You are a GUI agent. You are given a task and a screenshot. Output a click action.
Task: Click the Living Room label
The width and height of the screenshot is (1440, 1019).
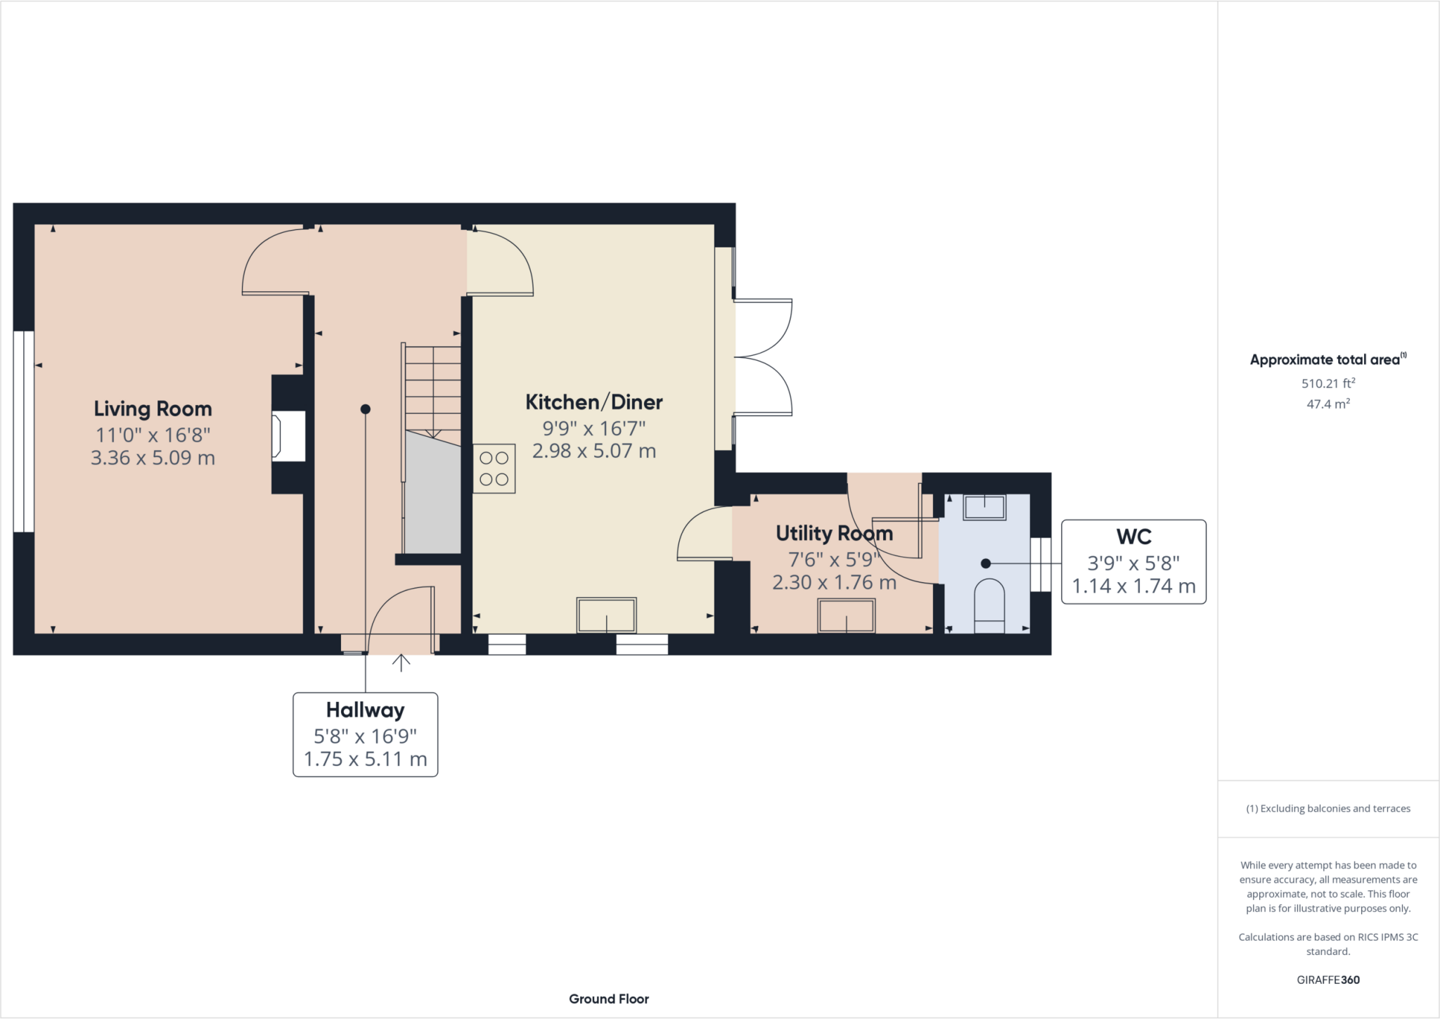pyautogui.click(x=153, y=409)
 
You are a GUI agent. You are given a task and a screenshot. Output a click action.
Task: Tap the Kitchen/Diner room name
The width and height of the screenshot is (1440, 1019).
pyautogui.click(x=594, y=402)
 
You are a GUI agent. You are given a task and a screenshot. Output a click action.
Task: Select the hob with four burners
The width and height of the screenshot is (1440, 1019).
pyautogui.click(x=494, y=468)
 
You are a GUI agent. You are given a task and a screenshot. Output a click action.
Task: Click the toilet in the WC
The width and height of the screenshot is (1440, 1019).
pyautogui.click(x=989, y=605)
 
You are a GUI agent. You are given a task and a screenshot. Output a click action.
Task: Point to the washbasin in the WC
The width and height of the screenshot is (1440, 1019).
pyautogui.click(x=984, y=507)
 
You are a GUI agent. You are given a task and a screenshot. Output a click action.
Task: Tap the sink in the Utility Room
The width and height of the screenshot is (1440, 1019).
pyautogui.click(x=847, y=616)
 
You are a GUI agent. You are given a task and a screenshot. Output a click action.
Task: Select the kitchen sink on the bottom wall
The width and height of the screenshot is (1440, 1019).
pyautogui.click(x=606, y=615)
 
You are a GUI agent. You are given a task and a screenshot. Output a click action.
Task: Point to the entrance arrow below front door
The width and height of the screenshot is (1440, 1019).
pyautogui.click(x=401, y=662)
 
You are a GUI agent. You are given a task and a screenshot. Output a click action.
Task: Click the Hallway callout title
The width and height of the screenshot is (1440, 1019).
pyautogui.click(x=365, y=710)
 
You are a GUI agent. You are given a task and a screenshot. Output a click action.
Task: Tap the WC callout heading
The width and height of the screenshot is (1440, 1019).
pyautogui.click(x=1133, y=537)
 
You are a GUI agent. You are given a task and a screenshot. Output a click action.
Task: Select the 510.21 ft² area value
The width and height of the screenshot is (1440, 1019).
pyautogui.click(x=1327, y=383)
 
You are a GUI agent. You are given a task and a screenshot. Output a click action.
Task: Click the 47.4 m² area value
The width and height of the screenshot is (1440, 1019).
pyautogui.click(x=1327, y=404)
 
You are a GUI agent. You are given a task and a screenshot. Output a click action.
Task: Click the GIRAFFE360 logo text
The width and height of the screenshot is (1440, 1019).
pyautogui.click(x=1327, y=980)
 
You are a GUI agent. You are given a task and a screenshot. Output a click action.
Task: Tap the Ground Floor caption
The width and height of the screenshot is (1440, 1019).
pyautogui.click(x=608, y=999)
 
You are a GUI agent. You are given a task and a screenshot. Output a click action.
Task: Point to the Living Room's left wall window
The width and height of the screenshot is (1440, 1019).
pyautogui.click(x=24, y=431)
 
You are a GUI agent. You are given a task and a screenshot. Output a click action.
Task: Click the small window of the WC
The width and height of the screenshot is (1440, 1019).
pyautogui.click(x=1040, y=564)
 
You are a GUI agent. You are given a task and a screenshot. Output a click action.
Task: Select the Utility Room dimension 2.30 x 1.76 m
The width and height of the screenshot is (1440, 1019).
pyautogui.click(x=834, y=583)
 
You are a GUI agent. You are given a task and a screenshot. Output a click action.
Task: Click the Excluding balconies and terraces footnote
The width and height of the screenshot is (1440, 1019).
pyautogui.click(x=1327, y=809)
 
